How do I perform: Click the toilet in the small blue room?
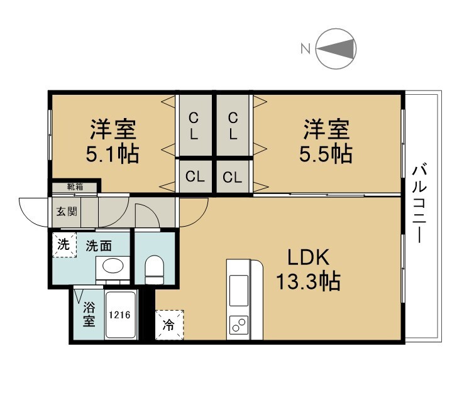pos(155,270)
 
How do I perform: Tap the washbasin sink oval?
pos(113,266)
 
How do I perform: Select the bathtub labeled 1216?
pos(120,315)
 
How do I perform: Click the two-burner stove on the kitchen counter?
pos(238,325)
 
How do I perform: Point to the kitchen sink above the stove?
pos(238,290)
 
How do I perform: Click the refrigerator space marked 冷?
pos(169,325)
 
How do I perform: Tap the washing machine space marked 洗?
pos(64,244)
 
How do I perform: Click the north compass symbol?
pos(336,48)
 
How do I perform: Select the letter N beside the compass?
pos(306,48)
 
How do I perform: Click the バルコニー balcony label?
pos(419,203)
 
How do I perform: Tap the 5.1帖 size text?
pos(113,154)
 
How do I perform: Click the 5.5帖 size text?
pos(326,154)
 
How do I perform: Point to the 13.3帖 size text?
pos(308,281)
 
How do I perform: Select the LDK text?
pos(308,257)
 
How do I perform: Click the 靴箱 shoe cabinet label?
pos(75,187)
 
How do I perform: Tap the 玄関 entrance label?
pos(67,212)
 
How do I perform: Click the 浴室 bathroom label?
pos(89,314)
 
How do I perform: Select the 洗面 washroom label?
pos(99,246)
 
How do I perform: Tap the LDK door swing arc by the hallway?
pos(200,218)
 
